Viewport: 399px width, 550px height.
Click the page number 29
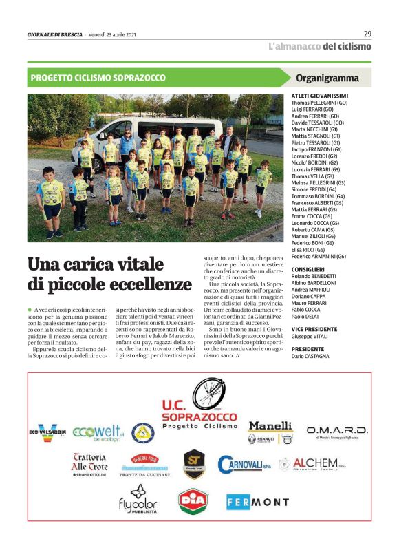[367, 34]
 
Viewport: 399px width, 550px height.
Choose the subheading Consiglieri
[308, 269]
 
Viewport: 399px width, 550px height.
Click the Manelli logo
[270, 432]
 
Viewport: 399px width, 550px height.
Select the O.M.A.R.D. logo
[337, 432]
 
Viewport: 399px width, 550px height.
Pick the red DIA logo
[193, 501]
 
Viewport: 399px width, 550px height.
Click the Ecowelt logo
[97, 432]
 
